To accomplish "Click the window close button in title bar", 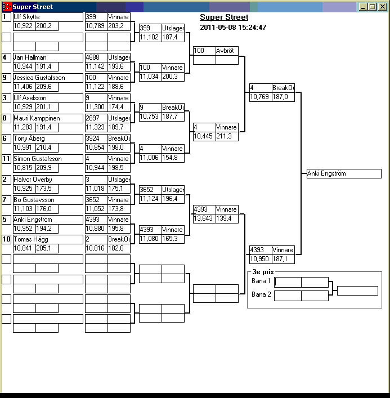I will (x=381, y=7).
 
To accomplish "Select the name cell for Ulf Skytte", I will (x=47, y=17).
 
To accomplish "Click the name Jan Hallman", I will (x=47, y=57).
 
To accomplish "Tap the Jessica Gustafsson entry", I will (x=47, y=78).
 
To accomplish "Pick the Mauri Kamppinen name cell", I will (x=47, y=118).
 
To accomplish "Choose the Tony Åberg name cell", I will (x=47, y=138).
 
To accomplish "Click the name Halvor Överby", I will (x=47, y=179).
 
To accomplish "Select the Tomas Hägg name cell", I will (x=47, y=240).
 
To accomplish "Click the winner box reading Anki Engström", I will (x=343, y=173).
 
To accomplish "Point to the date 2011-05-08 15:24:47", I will (x=233, y=28).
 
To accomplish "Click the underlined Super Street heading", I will (x=224, y=17).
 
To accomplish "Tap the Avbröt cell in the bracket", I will (x=227, y=51).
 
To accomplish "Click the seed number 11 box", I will (x=6, y=159).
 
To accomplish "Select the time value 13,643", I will (x=204, y=218).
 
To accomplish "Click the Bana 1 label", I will (x=261, y=280).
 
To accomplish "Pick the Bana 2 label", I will (x=261, y=294).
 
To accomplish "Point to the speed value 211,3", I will (x=227, y=136).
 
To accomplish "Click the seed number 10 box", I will (x=6, y=240).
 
